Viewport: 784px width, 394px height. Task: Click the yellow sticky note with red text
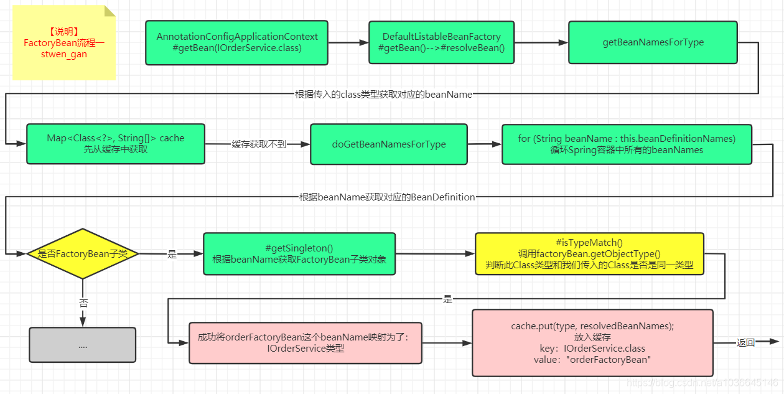(x=64, y=43)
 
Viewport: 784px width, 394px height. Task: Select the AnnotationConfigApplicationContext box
(x=236, y=43)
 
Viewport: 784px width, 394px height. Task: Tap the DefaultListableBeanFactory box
(x=441, y=42)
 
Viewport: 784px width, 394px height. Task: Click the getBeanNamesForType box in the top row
(x=653, y=42)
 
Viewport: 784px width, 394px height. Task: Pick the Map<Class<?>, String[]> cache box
(x=116, y=144)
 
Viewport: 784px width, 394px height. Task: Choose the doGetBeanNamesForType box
(x=388, y=144)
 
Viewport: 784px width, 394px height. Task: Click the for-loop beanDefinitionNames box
(x=627, y=144)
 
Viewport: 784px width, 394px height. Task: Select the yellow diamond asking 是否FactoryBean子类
(x=83, y=253)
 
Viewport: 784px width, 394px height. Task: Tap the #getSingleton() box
(x=299, y=253)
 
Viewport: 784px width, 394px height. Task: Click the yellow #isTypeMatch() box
(x=589, y=253)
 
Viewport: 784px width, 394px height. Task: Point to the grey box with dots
(x=83, y=345)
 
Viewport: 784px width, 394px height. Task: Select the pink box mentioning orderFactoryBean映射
(x=305, y=343)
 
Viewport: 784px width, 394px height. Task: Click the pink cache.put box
(x=592, y=343)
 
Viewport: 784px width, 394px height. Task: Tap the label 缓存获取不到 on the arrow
(x=259, y=144)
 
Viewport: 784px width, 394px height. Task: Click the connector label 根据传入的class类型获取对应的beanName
(x=383, y=95)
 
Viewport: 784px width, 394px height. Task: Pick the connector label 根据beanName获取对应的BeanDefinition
(x=387, y=197)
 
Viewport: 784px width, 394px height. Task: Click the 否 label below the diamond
(x=83, y=303)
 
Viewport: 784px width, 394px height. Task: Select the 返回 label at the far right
(x=745, y=342)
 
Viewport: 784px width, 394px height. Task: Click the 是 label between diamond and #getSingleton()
(x=172, y=254)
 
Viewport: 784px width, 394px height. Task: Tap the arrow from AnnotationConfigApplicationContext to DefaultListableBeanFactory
(x=348, y=43)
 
